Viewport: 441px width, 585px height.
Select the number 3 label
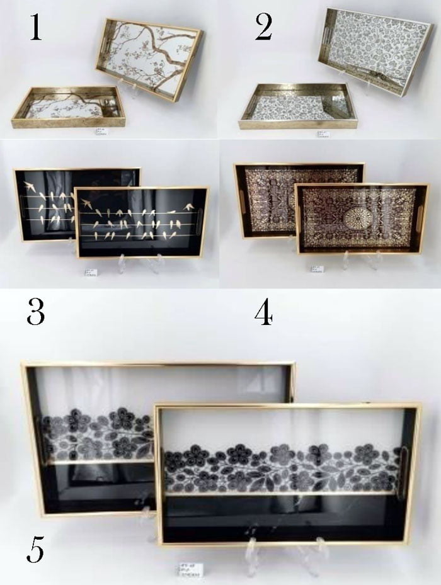tap(35, 312)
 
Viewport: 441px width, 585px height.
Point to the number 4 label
tap(263, 312)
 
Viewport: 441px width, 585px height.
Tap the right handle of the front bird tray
tap(199, 222)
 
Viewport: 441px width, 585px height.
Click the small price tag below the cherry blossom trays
tap(101, 132)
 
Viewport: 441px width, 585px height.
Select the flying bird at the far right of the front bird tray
tap(188, 207)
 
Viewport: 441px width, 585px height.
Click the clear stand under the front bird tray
tap(137, 263)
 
